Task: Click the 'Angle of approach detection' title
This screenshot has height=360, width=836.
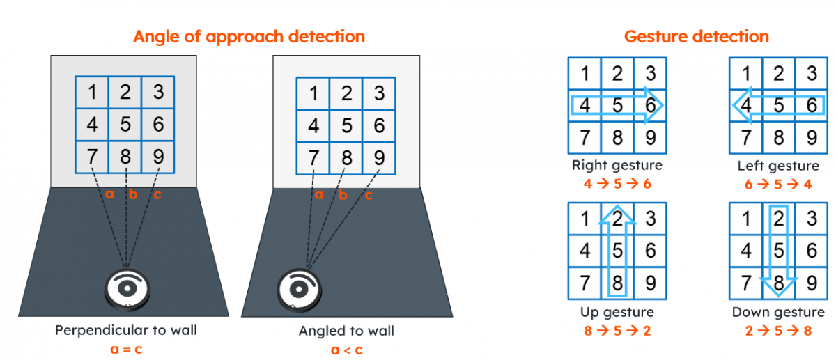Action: (x=249, y=37)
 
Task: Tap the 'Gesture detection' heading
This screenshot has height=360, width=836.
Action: (x=697, y=37)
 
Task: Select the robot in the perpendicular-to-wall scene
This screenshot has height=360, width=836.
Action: (x=127, y=290)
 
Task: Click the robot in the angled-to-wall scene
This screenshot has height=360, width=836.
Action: (x=299, y=290)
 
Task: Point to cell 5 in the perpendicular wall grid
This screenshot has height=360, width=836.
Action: (x=125, y=125)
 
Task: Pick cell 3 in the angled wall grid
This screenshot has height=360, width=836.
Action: (x=379, y=93)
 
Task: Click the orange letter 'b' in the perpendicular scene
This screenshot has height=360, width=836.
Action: (x=133, y=194)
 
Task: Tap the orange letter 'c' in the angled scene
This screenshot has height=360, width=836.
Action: (x=369, y=195)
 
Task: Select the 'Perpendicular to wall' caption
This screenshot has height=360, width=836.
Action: (x=126, y=330)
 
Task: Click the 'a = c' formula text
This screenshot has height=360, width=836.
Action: (x=126, y=350)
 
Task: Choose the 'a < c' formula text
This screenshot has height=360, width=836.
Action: (x=347, y=350)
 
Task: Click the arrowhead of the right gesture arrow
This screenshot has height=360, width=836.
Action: (x=654, y=106)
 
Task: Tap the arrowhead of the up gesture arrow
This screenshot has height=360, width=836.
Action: (x=617, y=214)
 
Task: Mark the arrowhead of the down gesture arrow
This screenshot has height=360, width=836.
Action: (x=779, y=288)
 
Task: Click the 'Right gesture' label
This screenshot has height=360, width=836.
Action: (x=617, y=165)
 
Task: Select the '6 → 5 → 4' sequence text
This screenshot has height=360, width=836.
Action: (x=778, y=185)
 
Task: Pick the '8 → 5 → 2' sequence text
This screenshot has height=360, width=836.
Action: (x=617, y=331)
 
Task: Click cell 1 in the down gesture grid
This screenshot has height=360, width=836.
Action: (x=746, y=219)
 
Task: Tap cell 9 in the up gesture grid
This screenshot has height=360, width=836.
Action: (x=650, y=283)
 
